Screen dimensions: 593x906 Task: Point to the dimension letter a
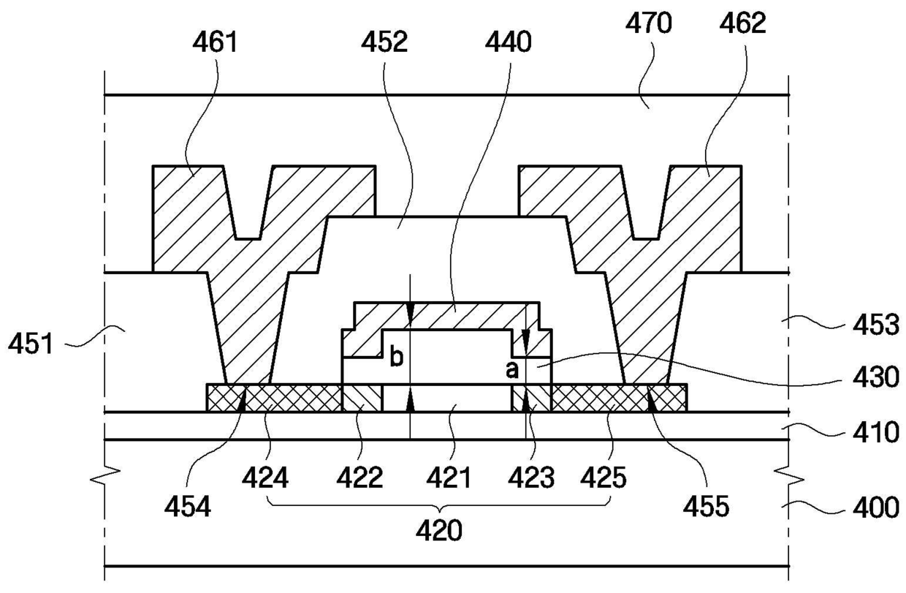[512, 371]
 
